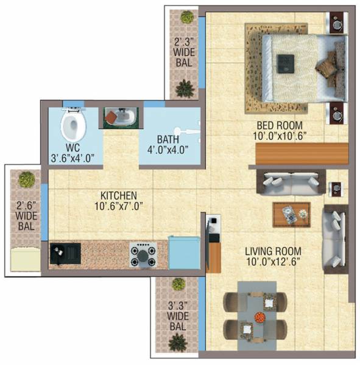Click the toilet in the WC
coord(74,125)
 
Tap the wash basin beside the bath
coord(119,117)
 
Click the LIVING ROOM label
coord(274,251)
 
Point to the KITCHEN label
coord(119,195)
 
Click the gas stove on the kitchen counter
coord(143,255)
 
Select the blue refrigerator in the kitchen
coord(184,253)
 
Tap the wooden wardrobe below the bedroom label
coord(302,154)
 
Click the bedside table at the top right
coord(337,23)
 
